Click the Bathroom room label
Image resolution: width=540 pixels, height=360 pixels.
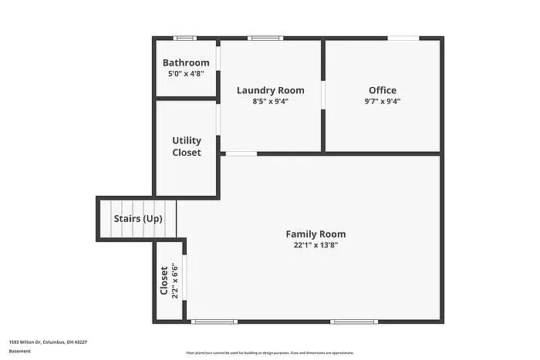coord(186,62)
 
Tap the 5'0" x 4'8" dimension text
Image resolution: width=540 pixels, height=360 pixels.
coord(186,74)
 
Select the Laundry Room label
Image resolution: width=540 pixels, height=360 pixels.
coord(270,90)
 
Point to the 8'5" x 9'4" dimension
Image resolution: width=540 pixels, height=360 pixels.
coord(270,101)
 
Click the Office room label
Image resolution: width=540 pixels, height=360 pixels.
coord(383,90)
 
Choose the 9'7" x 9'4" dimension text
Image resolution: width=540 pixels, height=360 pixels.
coord(383,101)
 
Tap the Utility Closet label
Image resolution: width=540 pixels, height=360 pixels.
coord(187,146)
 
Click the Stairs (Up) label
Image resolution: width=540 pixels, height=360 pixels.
coord(138,219)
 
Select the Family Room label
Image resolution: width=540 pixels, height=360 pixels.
coord(316,234)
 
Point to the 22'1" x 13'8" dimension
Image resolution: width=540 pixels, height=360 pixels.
coord(316,245)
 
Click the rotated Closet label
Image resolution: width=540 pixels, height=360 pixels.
coord(164,281)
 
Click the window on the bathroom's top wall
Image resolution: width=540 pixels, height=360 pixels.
coord(184,38)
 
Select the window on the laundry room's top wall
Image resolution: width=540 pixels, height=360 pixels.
coord(265,38)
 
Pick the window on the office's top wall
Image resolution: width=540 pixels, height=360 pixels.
coord(403,38)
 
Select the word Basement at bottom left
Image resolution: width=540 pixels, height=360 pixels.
coord(21,352)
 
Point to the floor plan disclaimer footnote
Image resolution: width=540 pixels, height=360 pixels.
coord(269,352)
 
